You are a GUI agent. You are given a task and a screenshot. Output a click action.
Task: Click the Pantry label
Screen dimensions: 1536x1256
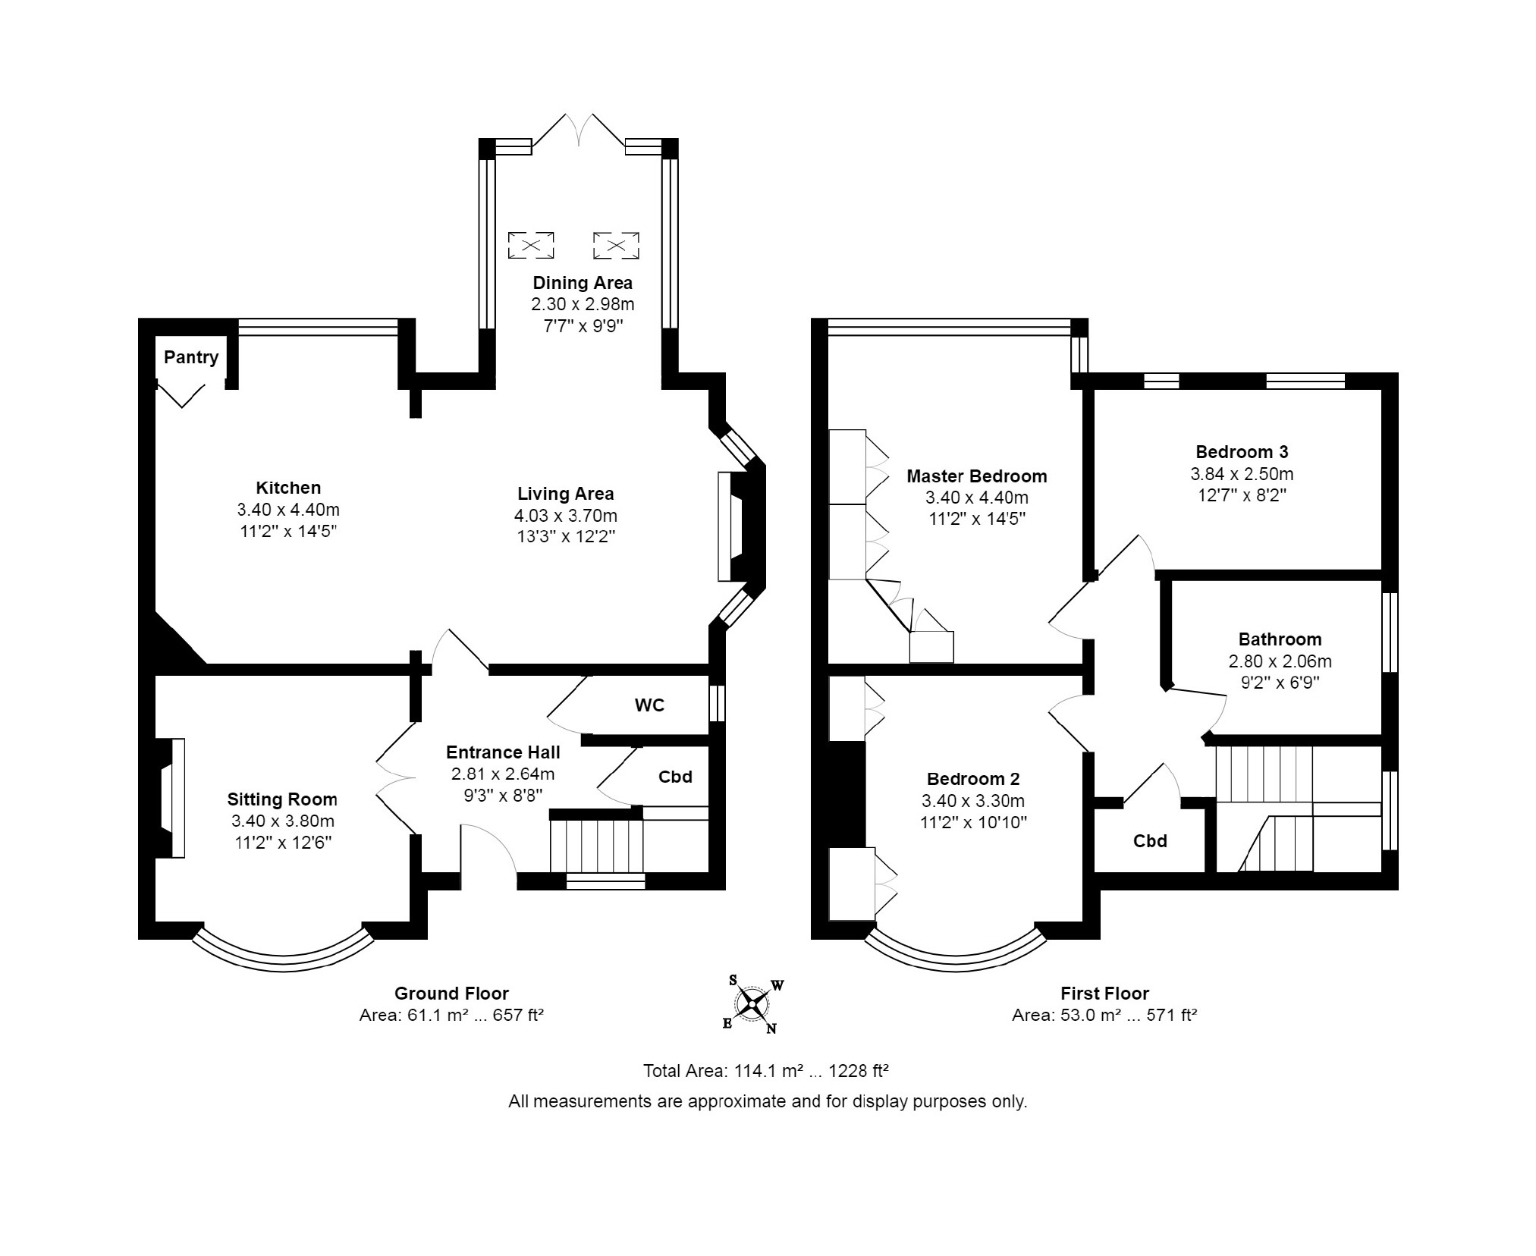[191, 357]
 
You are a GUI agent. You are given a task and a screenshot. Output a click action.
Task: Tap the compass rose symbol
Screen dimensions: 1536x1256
[752, 1004]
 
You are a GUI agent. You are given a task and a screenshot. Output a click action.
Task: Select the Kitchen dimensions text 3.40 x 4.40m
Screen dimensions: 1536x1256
[288, 510]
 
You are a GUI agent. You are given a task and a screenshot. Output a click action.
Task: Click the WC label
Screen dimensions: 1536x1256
[649, 705]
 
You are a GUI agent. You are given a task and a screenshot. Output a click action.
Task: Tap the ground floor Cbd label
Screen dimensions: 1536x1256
[675, 777]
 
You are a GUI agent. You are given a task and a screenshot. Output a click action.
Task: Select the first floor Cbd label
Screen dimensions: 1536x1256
[1150, 840]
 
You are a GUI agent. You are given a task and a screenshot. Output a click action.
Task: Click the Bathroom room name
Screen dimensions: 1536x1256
[1280, 639]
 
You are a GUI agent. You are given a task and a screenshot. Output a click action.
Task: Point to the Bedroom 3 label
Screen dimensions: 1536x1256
[1242, 452]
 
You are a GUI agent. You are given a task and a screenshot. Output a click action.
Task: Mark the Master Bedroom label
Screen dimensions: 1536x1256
[977, 476]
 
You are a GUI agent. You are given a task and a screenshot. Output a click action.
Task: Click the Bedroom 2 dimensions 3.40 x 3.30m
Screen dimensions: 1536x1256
[973, 801]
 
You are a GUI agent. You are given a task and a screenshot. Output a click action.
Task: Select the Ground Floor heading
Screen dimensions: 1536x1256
[451, 994]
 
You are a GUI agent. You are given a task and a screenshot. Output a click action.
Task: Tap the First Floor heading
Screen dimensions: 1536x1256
[1104, 994]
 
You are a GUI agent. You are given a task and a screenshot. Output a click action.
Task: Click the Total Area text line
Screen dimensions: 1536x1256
[765, 1071]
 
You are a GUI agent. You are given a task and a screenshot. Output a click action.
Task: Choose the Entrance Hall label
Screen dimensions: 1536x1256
[503, 752]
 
